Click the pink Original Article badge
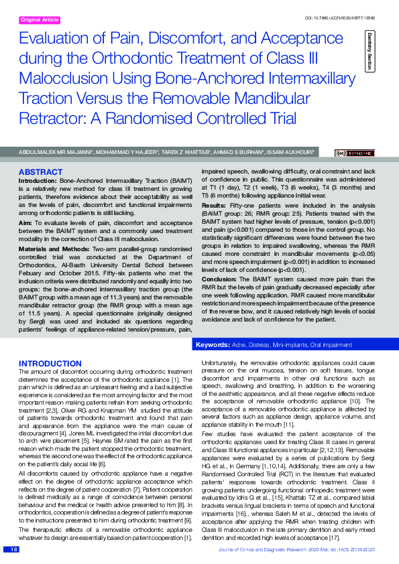pos(40,20)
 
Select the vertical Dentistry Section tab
pos(369,51)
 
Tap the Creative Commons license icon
pos(356,153)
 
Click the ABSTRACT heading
pos(41,172)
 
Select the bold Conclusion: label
pos(220,279)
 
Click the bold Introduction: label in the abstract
pos(38,181)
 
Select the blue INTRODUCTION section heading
pos(50,363)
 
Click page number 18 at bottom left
pos(13,549)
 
